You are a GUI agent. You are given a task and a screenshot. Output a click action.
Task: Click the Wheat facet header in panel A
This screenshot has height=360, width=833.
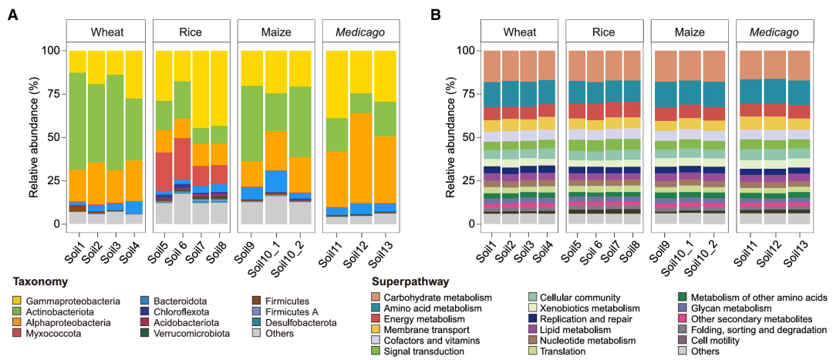(106, 32)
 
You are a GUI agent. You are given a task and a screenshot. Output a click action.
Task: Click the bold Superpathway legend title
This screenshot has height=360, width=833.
(409, 282)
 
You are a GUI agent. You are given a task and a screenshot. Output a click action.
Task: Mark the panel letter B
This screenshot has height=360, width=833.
(436, 15)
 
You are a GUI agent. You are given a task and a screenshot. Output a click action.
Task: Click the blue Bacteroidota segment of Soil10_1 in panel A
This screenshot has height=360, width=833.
(277, 181)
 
